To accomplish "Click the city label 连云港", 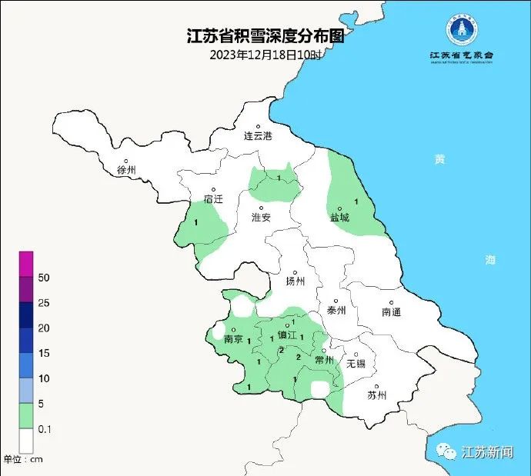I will click(259, 136).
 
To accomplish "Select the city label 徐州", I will click(126, 170).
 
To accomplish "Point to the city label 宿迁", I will click(213, 198).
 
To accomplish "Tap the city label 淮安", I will click(262, 218).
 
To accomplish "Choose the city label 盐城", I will click(339, 218).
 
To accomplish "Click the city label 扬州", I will click(296, 281).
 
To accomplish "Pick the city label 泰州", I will click(336, 311).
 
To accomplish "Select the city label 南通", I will click(391, 311).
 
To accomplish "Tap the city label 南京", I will click(233, 339).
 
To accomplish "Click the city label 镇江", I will click(286, 335).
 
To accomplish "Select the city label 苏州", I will click(377, 395).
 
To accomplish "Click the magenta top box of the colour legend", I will click(26, 263).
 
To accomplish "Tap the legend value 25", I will click(44, 303).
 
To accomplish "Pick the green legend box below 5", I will click(26, 416).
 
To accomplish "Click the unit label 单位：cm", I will click(23, 459).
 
